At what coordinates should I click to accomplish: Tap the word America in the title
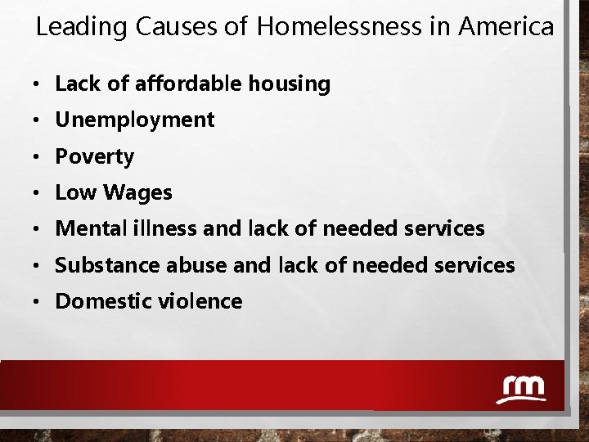(506, 27)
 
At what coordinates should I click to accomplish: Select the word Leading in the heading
(82, 27)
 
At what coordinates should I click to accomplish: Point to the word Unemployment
(134, 120)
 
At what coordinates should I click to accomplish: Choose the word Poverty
(94, 156)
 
